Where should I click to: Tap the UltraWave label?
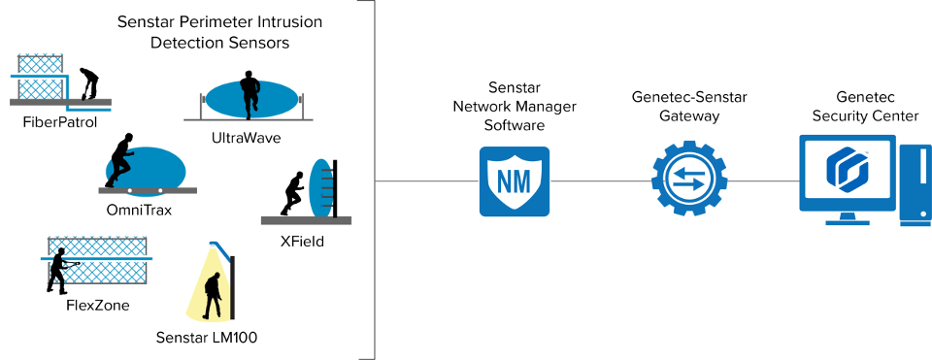tap(246, 138)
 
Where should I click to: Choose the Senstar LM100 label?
tap(206, 337)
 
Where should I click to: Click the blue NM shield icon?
tap(514, 180)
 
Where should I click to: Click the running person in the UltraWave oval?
tap(250, 92)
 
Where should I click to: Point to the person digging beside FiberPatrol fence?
tap(87, 83)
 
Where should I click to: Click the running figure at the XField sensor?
tap(292, 194)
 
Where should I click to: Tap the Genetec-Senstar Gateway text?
tap(688, 106)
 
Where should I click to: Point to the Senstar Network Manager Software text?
tap(514, 106)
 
